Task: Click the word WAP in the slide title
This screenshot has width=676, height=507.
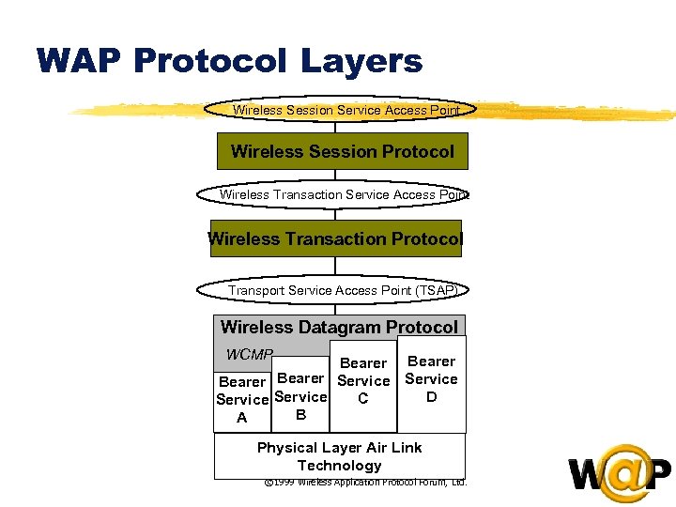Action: pos(80,61)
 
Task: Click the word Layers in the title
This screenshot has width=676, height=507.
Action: pos(361,62)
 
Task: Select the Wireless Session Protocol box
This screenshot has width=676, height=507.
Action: pos(342,151)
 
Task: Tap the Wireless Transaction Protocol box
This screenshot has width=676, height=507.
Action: pos(335,238)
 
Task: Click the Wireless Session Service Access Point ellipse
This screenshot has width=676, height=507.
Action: pos(346,110)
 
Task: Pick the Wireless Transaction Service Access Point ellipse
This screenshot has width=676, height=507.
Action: pos(334,194)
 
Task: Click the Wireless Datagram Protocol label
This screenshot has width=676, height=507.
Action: pos(339,327)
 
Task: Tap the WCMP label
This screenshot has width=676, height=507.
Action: pos(249,355)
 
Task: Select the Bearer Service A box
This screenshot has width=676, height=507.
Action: pos(242,400)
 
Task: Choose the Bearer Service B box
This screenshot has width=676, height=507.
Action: pos(301,395)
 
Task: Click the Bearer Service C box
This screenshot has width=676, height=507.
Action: pos(363,381)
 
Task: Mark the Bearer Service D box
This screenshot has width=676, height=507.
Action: pos(431,379)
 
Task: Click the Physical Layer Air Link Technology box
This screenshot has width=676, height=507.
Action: pos(339,456)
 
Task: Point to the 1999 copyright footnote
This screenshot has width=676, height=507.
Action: pos(365,483)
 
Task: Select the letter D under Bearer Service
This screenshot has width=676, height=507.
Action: pos(431,397)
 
